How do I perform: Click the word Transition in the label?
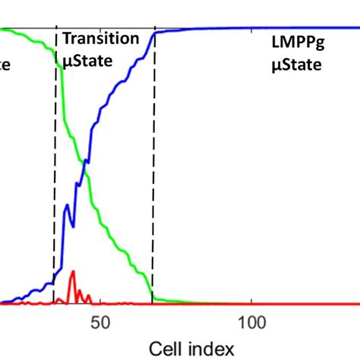tap(100, 39)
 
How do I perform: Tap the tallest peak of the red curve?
tap(73, 272)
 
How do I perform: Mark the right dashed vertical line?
tap(153, 190)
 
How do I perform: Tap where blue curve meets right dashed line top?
tap(155, 33)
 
